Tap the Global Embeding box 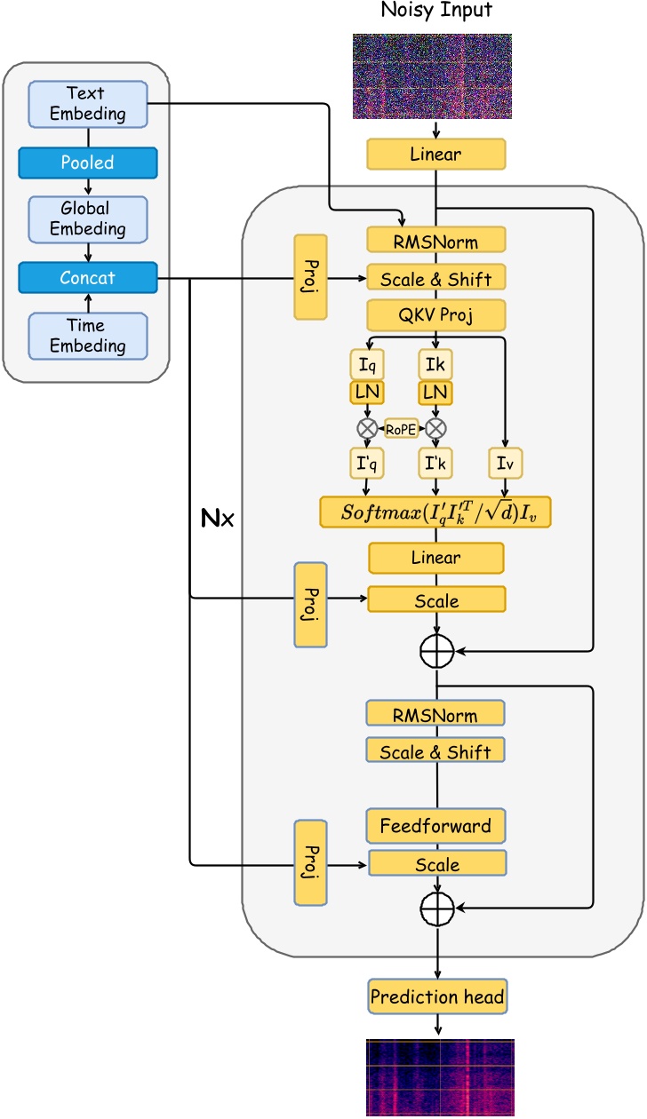[87, 218]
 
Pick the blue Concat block [87, 278]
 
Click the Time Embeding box [87, 336]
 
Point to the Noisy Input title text [435, 11]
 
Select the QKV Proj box [435, 315]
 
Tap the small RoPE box [401, 428]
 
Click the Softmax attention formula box [435, 513]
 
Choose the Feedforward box [435, 826]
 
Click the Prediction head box [436, 996]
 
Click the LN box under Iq [366, 393]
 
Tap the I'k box [435, 463]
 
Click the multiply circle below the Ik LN [435, 428]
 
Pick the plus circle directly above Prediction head [436, 907]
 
